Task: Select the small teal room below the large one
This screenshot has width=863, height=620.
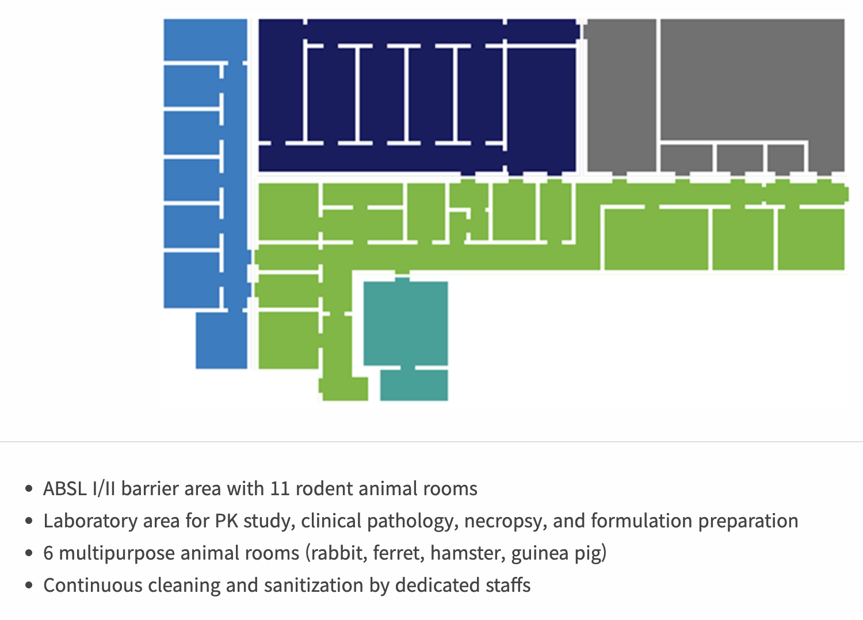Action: (x=414, y=385)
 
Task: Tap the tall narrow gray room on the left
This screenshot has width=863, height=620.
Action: (x=621, y=95)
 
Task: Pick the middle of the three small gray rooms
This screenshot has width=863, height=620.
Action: (x=740, y=158)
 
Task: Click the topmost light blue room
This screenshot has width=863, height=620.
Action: (x=205, y=39)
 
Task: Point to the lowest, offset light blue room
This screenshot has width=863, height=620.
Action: (x=222, y=340)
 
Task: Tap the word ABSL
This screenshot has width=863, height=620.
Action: (x=64, y=489)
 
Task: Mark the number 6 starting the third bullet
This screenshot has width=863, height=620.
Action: (x=48, y=553)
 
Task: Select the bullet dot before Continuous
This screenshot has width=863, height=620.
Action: (x=29, y=586)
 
